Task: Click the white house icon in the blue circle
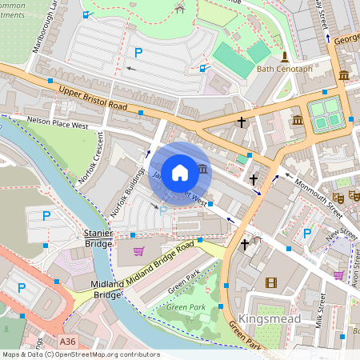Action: (180, 172)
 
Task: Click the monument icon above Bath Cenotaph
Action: (283, 56)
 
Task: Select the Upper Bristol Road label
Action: (93, 100)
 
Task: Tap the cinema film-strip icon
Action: (270, 282)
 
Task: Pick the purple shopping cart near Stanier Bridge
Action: (138, 251)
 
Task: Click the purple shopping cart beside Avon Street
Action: (338, 275)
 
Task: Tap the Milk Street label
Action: (319, 310)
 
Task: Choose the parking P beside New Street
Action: (306, 234)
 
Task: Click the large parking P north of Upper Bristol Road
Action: (138, 53)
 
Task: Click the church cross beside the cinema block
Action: (245, 243)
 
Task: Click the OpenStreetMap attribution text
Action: (80, 354)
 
